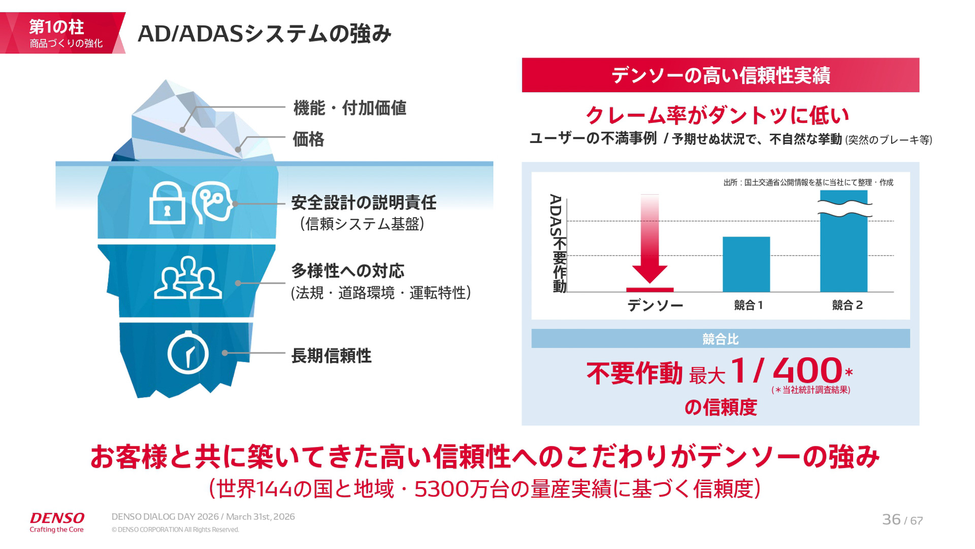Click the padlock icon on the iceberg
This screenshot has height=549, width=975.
[167, 204]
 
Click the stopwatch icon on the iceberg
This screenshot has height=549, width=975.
[188, 353]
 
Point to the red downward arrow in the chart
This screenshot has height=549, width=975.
[649, 239]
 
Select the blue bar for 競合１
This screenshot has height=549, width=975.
[746, 264]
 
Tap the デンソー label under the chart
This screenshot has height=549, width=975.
[655, 305]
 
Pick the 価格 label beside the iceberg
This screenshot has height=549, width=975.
[308, 139]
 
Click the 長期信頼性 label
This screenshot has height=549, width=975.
[331, 356]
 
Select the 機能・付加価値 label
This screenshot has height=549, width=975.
[350, 108]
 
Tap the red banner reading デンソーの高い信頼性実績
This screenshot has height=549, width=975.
[720, 75]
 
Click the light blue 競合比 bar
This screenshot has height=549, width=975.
[720, 339]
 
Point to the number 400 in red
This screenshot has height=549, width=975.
[807, 371]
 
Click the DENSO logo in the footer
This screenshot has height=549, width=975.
[57, 518]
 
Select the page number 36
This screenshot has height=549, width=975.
[891, 520]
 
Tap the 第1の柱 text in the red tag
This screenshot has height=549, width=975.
[56, 26]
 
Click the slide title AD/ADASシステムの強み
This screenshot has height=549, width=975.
[264, 34]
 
